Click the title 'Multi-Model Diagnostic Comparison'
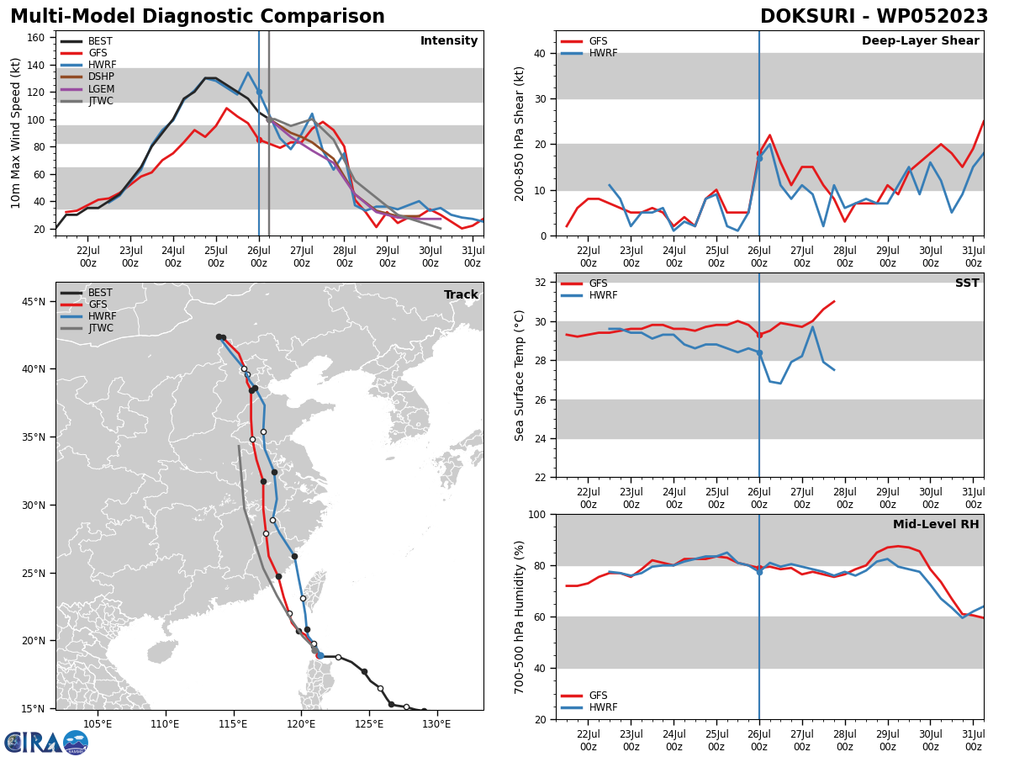click(x=197, y=17)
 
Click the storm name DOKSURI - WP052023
click(x=874, y=17)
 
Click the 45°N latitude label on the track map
click(x=33, y=301)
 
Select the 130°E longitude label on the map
click(x=436, y=724)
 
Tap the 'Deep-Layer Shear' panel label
click(x=920, y=41)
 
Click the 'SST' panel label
click(x=967, y=283)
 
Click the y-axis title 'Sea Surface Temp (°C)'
click(x=520, y=375)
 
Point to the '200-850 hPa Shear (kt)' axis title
click(x=520, y=133)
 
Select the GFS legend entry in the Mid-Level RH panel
click(x=598, y=696)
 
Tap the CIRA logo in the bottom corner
click(x=46, y=742)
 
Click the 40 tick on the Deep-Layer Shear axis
click(x=539, y=53)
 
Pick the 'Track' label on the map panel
click(x=461, y=295)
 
